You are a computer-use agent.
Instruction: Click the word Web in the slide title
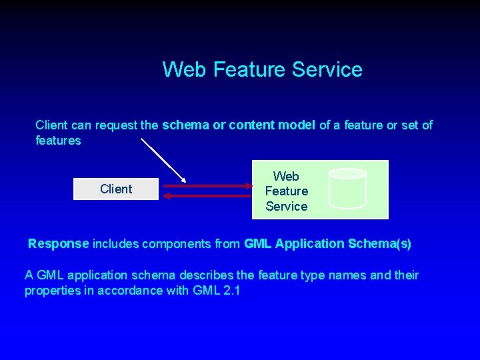[x=185, y=69]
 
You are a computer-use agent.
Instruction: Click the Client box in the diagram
[x=115, y=189]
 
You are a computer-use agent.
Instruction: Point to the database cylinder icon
[x=347, y=189]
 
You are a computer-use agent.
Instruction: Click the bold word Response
[x=59, y=244]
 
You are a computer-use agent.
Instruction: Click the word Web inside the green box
[x=287, y=177]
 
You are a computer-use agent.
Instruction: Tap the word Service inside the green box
[x=287, y=207]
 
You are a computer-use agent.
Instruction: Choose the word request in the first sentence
[x=116, y=125]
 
